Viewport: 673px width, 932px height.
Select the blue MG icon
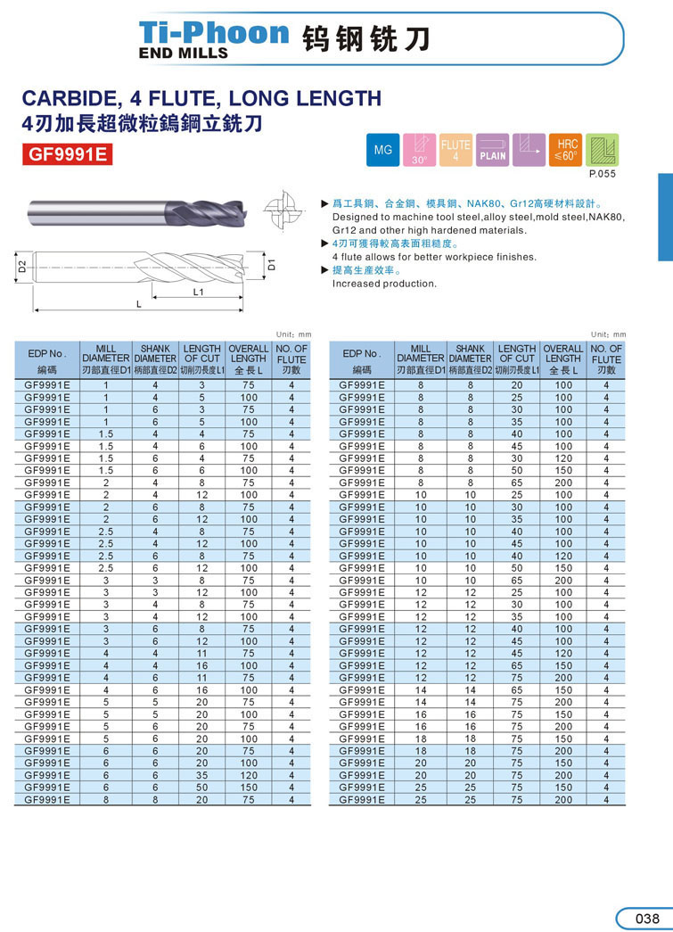383,150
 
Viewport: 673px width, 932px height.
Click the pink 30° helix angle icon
419,150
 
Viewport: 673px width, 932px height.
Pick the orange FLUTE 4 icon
456,150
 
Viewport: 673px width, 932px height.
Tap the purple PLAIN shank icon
492,150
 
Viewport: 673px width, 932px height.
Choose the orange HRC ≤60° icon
566,150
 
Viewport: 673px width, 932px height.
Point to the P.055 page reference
603,174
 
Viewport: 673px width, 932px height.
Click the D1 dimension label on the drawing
273,265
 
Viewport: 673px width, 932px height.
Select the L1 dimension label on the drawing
199,292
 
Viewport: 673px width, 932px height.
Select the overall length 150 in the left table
249,788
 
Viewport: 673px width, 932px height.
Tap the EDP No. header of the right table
362,353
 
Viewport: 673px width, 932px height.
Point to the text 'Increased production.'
384,284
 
